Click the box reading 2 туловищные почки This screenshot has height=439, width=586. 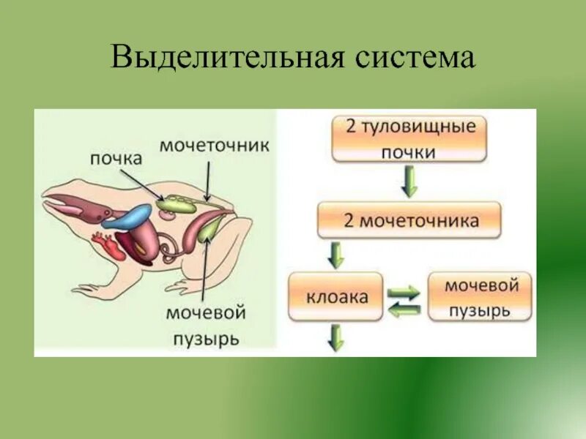pos(409,138)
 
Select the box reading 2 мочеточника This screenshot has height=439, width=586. pos(409,220)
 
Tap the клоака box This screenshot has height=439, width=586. pos(336,297)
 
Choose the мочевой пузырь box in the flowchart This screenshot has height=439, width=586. pos(480,297)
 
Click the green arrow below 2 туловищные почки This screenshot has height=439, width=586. pos(409,181)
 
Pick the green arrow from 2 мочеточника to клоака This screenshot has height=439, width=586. pos(336,255)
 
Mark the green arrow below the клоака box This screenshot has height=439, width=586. pos(336,337)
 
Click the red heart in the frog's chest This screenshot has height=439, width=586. pos(116,249)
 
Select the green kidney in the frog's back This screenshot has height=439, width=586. pos(178,203)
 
